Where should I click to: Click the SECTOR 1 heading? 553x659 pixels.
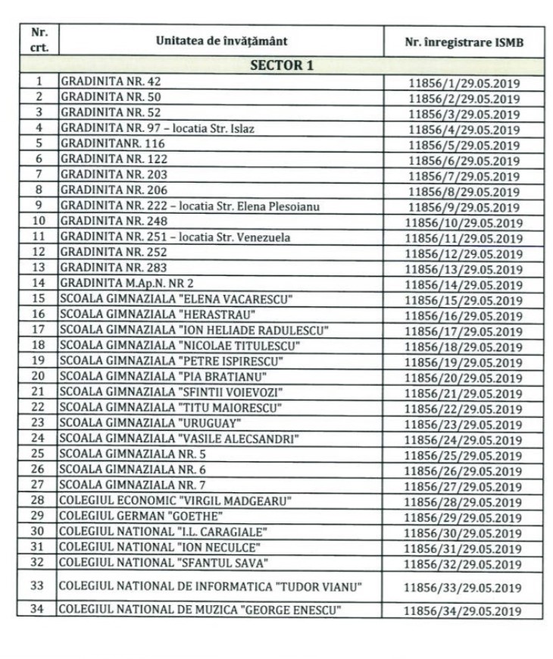click(282, 64)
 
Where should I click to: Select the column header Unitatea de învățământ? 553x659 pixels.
click(221, 41)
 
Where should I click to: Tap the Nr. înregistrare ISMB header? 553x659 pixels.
click(464, 42)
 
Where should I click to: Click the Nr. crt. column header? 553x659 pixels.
click(39, 41)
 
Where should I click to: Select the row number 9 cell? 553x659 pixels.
click(39, 205)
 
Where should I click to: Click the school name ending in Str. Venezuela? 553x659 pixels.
click(175, 237)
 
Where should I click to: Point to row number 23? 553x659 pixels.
click(39, 422)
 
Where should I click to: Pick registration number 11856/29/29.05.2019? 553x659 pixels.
click(464, 517)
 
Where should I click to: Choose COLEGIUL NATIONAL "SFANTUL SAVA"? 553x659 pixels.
click(165, 562)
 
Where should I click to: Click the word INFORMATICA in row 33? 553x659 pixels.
click(232, 586)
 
